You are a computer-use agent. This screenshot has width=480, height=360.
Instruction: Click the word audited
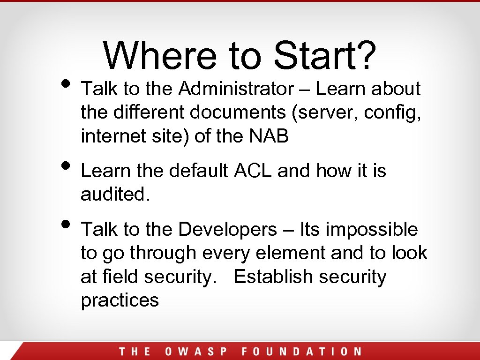pyautogui.click(x=115, y=195)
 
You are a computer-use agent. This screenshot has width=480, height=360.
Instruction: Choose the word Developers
pyautogui.click(x=228, y=230)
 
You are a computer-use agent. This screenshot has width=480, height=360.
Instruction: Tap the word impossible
pyautogui.click(x=371, y=230)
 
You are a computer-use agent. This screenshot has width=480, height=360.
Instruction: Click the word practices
pyautogui.click(x=120, y=300)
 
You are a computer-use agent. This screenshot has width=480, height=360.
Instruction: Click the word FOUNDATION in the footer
pyautogui.click(x=301, y=352)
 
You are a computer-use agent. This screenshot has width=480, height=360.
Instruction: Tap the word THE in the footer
pyautogui.click(x=135, y=352)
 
